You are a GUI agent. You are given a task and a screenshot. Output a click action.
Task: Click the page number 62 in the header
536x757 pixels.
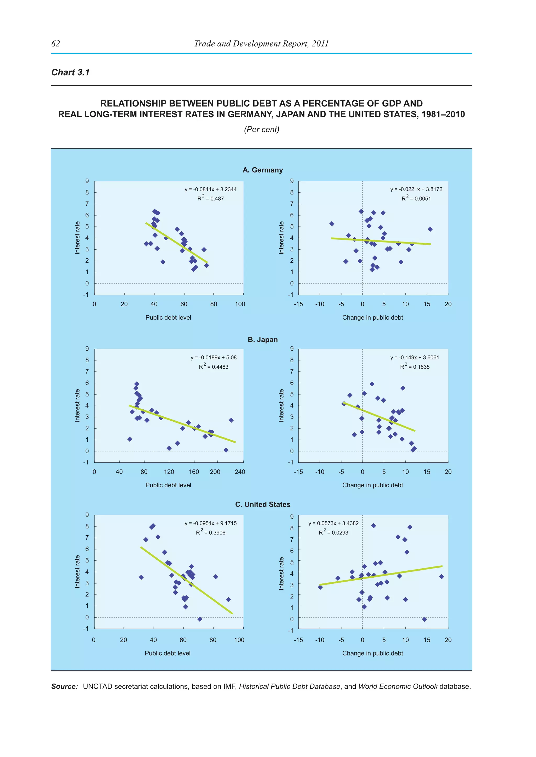click(x=55, y=43)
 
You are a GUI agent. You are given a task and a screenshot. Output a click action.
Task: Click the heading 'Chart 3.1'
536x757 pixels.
click(x=70, y=72)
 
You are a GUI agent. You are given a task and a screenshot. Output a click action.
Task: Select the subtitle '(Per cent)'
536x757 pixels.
click(x=261, y=129)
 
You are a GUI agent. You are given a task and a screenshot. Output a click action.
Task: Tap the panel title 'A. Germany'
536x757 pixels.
click(x=263, y=170)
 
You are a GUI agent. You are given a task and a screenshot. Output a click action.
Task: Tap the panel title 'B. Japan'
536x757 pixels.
click(x=263, y=340)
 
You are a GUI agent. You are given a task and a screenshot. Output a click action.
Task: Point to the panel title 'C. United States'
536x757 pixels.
click(x=263, y=504)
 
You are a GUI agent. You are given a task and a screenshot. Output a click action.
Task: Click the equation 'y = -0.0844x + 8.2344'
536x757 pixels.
click(x=211, y=189)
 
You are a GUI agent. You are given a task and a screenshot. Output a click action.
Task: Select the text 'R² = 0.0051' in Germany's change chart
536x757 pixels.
click(x=416, y=198)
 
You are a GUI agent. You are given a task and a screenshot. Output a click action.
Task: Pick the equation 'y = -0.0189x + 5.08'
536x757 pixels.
click(x=214, y=357)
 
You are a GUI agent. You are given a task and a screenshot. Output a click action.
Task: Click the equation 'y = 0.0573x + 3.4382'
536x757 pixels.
click(x=333, y=523)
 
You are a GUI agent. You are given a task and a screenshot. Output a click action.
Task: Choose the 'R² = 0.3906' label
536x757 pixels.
click(x=211, y=532)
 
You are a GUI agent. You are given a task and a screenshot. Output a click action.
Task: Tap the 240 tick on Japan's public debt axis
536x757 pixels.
click(x=240, y=472)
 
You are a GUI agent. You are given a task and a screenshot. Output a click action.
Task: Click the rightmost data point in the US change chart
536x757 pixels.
click(x=442, y=577)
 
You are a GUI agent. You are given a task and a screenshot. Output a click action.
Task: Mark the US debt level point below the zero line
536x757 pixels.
click(x=200, y=619)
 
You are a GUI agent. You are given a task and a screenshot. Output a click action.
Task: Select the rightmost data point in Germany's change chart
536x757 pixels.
click(x=430, y=229)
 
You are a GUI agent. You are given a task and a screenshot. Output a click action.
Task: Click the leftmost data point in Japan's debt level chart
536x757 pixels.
click(x=130, y=439)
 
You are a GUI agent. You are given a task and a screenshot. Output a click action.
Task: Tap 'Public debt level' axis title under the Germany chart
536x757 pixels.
click(x=168, y=318)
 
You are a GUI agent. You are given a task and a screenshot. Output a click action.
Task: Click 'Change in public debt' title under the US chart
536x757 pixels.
click(x=373, y=653)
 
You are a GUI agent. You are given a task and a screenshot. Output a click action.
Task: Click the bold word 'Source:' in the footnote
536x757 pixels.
click(x=64, y=686)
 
